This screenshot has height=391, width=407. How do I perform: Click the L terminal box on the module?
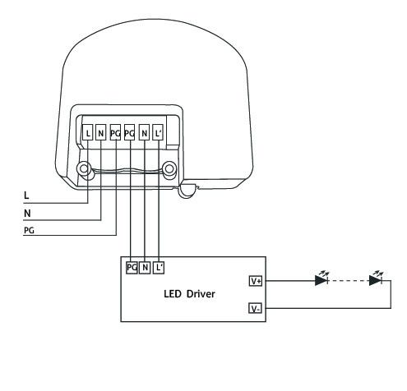pyautogui.click(x=88, y=133)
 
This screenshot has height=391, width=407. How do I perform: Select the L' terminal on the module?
pyautogui.click(x=158, y=133)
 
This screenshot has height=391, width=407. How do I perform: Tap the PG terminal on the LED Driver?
pyautogui.click(x=132, y=268)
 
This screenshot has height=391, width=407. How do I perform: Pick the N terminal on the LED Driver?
pyautogui.click(x=145, y=268)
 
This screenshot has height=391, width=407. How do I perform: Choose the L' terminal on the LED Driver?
pyautogui.click(x=159, y=268)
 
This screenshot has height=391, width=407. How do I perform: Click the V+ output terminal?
pyautogui.click(x=256, y=281)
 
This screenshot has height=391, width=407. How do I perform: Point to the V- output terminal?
pyautogui.click(x=255, y=308)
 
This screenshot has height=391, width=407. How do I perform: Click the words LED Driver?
pyautogui.click(x=189, y=294)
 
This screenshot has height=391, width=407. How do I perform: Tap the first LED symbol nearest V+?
pyautogui.click(x=321, y=278)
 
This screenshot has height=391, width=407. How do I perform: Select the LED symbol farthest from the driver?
pyautogui.click(x=376, y=278)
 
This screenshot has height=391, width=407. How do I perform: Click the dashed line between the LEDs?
pyautogui.click(x=349, y=281)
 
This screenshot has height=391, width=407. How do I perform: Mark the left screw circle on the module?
pyautogui.click(x=84, y=168)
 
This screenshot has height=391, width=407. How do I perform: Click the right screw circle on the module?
pyautogui.click(x=169, y=168)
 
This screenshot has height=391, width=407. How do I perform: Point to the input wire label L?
pyautogui.click(x=26, y=195)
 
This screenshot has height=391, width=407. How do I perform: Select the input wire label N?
pyautogui.click(x=27, y=214)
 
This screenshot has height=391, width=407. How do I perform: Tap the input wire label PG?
pyautogui.click(x=29, y=231)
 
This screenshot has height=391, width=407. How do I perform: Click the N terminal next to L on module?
pyautogui.click(x=100, y=133)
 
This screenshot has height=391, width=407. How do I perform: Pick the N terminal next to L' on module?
pyautogui.click(x=144, y=133)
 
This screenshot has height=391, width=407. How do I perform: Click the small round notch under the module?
pyautogui.click(x=187, y=191)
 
